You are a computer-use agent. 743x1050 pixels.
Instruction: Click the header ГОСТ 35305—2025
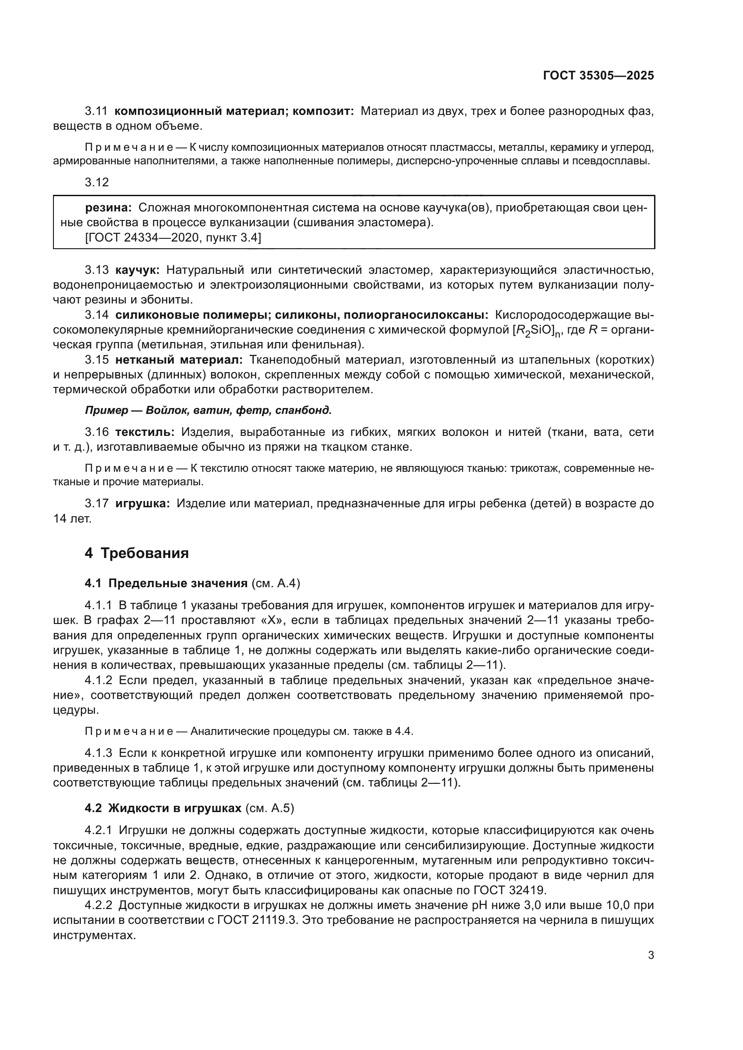tap(598, 75)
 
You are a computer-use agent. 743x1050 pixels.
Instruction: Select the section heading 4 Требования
tap(137, 554)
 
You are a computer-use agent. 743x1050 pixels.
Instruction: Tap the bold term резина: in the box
tap(108, 208)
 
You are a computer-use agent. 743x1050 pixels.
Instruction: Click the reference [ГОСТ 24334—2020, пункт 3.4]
tap(173, 237)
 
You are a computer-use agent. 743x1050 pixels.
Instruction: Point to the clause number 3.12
tap(97, 182)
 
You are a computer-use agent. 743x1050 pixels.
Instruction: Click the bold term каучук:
tap(137, 270)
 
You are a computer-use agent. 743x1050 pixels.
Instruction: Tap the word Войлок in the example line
tap(163, 410)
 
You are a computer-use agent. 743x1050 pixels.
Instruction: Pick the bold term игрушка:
tap(143, 504)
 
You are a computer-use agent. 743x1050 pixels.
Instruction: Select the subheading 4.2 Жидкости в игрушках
tap(163, 808)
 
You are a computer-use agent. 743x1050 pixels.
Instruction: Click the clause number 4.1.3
tap(98, 752)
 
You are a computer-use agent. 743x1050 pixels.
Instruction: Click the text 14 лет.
tap(72, 518)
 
